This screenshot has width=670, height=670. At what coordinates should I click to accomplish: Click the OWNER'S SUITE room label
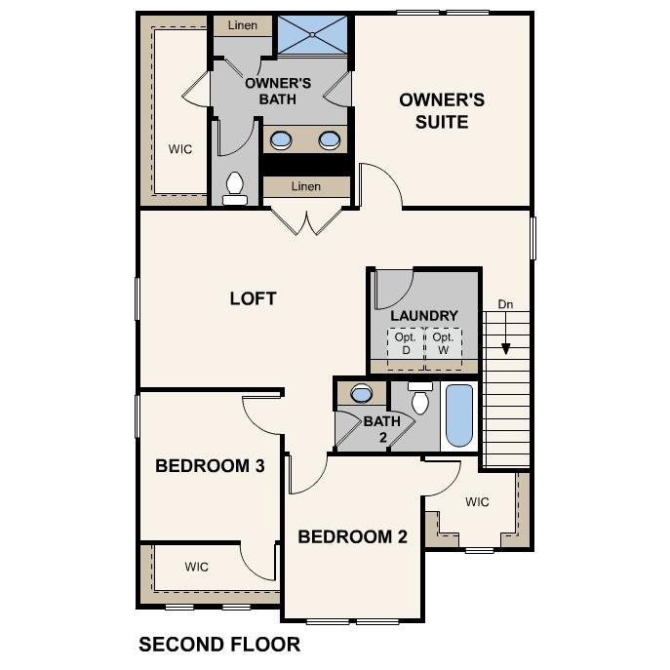coord(441,110)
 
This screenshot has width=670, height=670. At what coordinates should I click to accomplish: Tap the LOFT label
coord(253,298)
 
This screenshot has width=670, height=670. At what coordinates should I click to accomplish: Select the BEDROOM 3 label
coord(210,466)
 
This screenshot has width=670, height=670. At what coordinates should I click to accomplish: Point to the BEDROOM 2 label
coord(352,536)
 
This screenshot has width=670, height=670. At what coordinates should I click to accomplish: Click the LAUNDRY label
coord(423,316)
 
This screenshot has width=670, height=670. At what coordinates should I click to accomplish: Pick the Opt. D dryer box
coord(405,343)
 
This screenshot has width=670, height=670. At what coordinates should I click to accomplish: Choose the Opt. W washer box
coord(443,343)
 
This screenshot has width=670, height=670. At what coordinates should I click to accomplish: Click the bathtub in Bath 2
coord(458,414)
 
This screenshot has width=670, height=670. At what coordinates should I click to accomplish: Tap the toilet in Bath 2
coord(420,400)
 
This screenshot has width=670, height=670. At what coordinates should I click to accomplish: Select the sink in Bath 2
coord(361,394)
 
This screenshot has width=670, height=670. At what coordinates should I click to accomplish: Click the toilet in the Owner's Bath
coord(235,186)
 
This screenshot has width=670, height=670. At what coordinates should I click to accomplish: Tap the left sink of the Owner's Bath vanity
coord(281,140)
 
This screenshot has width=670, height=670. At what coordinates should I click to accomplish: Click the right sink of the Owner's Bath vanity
coord(330,140)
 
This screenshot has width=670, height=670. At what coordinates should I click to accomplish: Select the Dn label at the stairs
coord(505,304)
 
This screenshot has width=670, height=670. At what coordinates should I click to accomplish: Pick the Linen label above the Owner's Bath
coord(242,25)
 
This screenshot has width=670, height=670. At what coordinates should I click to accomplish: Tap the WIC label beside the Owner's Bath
coord(179,149)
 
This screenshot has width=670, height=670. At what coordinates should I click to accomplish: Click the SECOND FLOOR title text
coord(219,645)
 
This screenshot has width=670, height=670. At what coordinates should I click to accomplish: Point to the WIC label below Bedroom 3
coord(197,566)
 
